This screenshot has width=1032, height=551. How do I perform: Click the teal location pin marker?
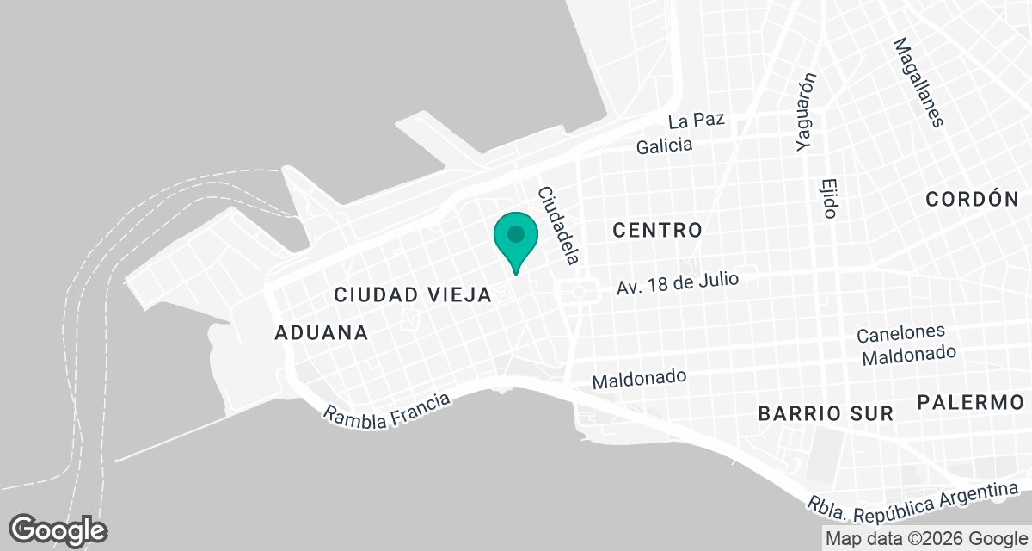coord(516,238)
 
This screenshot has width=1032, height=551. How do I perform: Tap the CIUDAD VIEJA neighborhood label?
coord(413,295)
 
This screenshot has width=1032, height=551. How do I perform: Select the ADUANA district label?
coord(322,332)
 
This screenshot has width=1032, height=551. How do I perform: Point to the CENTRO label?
coord(658,230)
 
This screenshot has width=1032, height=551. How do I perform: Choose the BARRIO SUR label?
coord(826,413)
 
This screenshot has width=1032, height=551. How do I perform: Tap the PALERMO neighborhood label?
coord(969,402)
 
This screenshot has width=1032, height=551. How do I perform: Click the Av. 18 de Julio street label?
coord(678,283)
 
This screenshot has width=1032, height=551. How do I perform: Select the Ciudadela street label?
coord(559,225)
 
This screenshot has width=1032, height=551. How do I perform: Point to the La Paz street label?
coord(696,121)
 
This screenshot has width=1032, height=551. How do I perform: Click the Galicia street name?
coord(664,145)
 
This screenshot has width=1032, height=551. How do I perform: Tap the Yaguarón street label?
coord(806,112)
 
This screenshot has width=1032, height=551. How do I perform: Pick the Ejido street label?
coord(829,198)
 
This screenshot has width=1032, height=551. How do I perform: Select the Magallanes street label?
coord(918,82)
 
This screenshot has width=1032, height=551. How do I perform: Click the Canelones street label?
coord(900,333)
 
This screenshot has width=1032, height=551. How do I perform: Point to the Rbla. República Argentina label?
coord(907,501)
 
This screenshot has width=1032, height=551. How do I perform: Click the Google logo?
coord(58,529)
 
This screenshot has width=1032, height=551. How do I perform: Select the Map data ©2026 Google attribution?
coord(925,539)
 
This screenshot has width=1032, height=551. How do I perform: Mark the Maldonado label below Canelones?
coord(909,353)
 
